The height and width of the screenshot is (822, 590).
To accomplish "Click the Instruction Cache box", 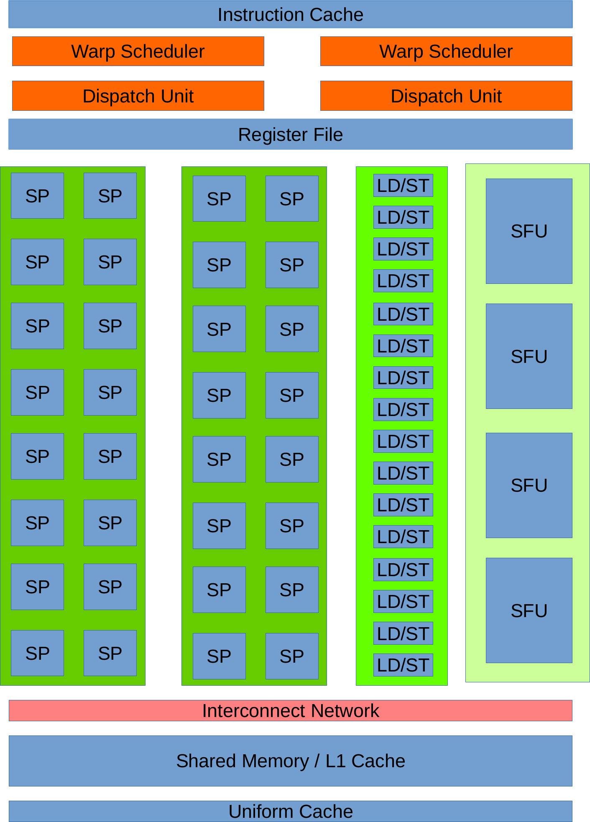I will pos(290,15).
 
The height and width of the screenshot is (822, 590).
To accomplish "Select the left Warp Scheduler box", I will pos(138,51).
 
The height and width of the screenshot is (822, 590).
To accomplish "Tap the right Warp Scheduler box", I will pos(446,51).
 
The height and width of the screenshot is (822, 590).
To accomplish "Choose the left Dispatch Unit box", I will pos(138,96).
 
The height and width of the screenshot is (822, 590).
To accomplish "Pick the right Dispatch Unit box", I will pos(446,96).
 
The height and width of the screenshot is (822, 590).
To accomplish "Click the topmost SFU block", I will pos(529,231).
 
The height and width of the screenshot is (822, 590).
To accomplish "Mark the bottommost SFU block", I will pos(529,610).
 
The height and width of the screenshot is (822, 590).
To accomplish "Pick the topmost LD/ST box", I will pos(403,186).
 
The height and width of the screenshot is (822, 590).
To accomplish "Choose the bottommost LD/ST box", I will pos(403,665).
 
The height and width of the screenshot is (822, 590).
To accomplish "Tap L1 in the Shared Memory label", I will pos(335,761).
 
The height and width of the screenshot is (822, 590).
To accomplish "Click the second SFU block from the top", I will pos(529,356).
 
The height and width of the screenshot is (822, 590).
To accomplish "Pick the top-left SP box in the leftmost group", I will pos(37,196).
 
